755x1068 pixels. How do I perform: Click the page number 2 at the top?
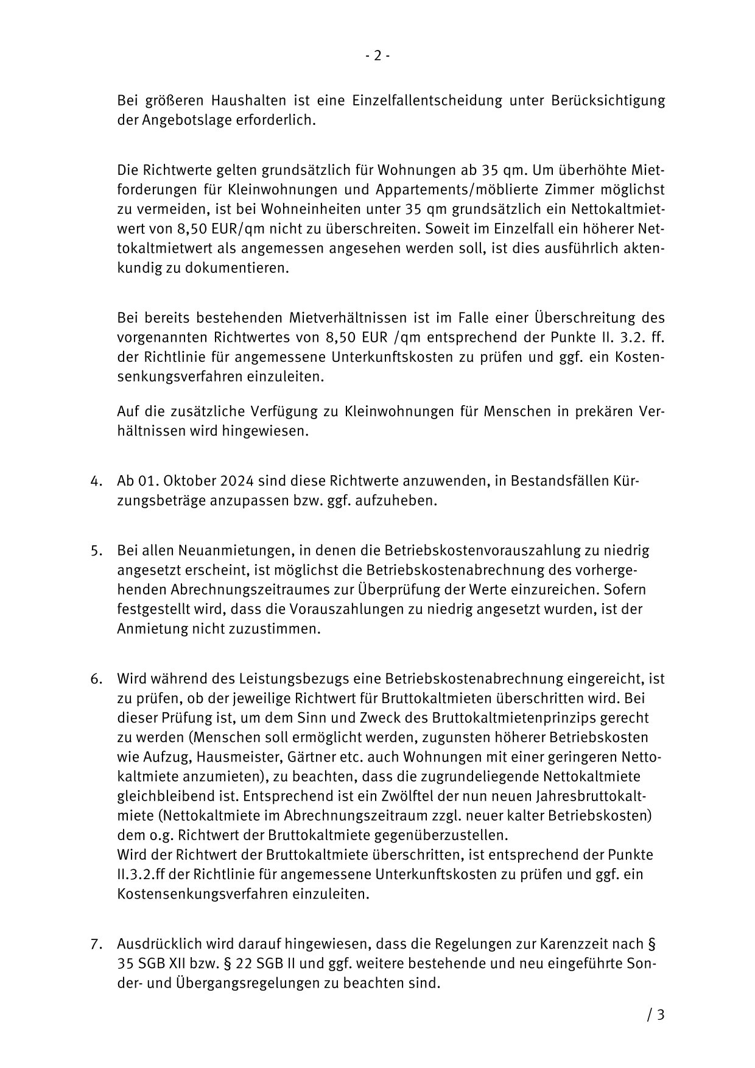pos(377,56)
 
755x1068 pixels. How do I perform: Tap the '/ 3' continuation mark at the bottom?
pos(656,1015)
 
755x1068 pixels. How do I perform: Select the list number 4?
pos(95,481)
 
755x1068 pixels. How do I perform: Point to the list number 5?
pos(95,551)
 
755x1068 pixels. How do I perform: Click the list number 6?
pos(95,679)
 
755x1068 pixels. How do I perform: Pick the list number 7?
pos(95,944)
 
